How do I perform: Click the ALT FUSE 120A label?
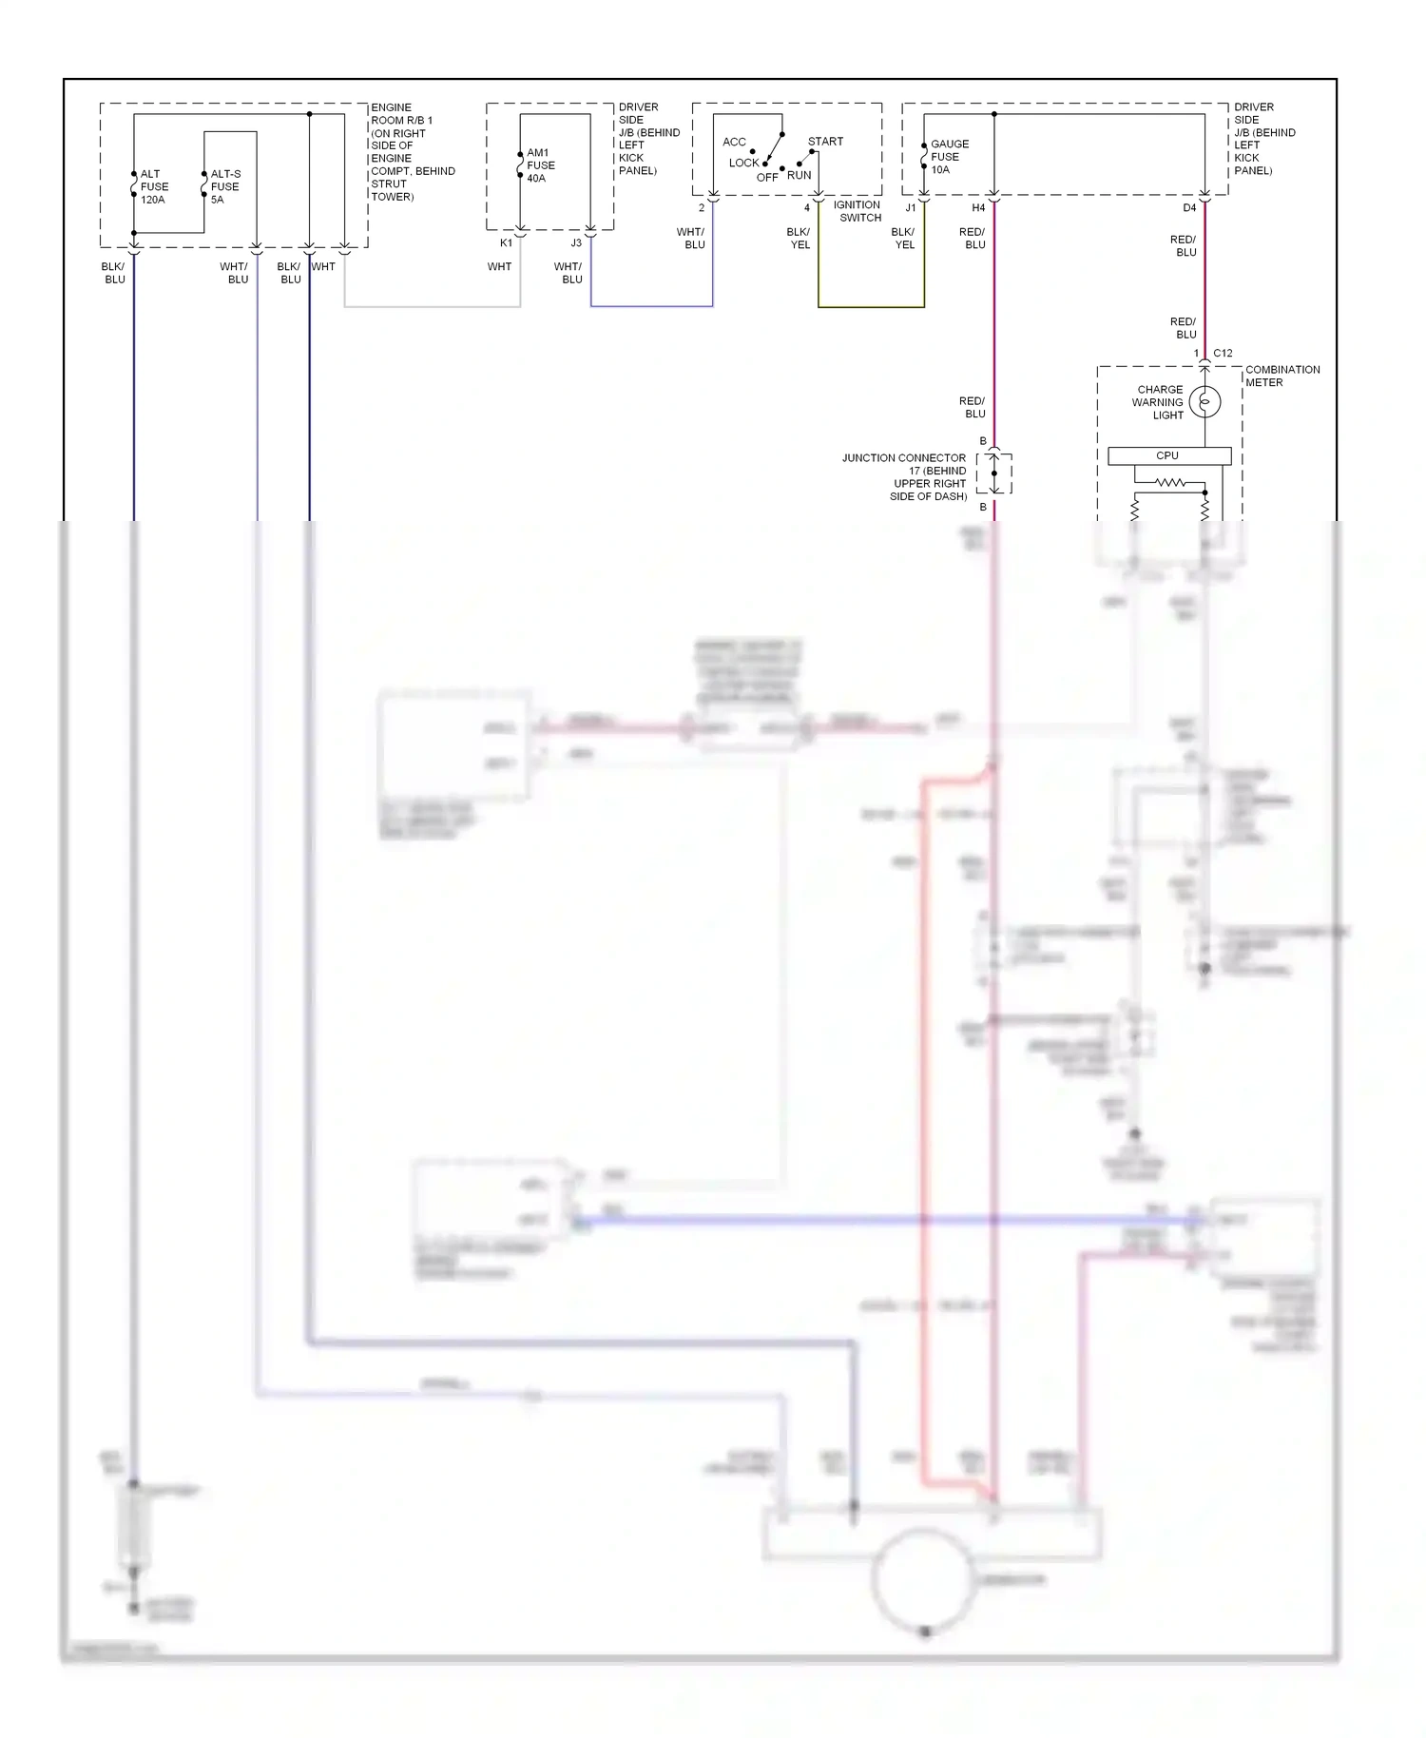click(x=153, y=187)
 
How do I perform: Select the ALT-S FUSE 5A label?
click(x=224, y=187)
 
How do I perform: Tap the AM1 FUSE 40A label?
click(x=540, y=165)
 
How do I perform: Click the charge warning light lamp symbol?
click(x=1204, y=402)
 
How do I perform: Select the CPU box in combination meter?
click(x=1168, y=456)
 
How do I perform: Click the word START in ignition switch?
click(x=825, y=142)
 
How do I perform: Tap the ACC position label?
click(x=734, y=143)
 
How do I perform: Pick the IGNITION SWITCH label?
click(x=858, y=211)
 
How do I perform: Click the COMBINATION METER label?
click(x=1281, y=376)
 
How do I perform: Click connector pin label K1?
click(x=506, y=243)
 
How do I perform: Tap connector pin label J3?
click(x=576, y=243)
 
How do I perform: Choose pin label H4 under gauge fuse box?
click(x=978, y=208)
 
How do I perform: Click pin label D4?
click(x=1189, y=208)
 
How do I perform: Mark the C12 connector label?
click(x=1223, y=354)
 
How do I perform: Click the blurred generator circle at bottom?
click(x=923, y=1580)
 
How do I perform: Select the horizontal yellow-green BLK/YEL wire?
click(x=871, y=307)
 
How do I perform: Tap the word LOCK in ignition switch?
click(x=743, y=164)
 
